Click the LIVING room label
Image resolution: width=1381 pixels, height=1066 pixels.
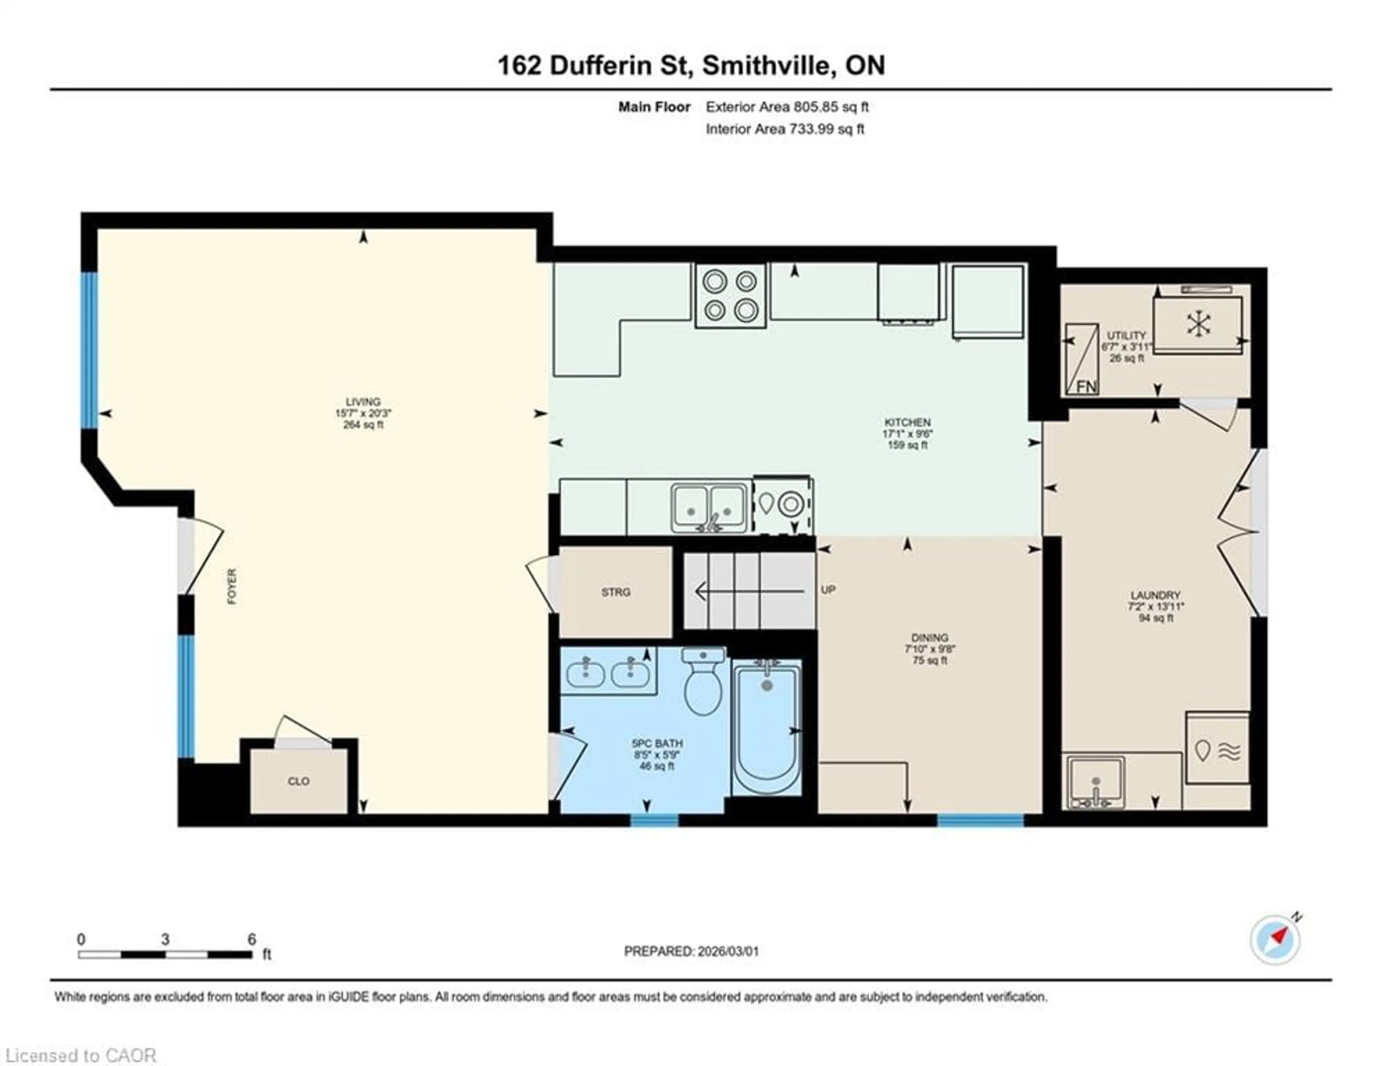363,401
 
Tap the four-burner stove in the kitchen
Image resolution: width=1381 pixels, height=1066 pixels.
730,295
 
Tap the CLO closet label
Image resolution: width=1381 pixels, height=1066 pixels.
298,782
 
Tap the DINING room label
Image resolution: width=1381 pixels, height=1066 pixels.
930,637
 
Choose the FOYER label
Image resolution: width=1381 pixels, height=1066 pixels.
232,586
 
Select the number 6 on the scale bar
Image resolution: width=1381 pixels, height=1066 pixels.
252,939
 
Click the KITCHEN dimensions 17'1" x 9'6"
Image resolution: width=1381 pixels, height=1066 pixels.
907,434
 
